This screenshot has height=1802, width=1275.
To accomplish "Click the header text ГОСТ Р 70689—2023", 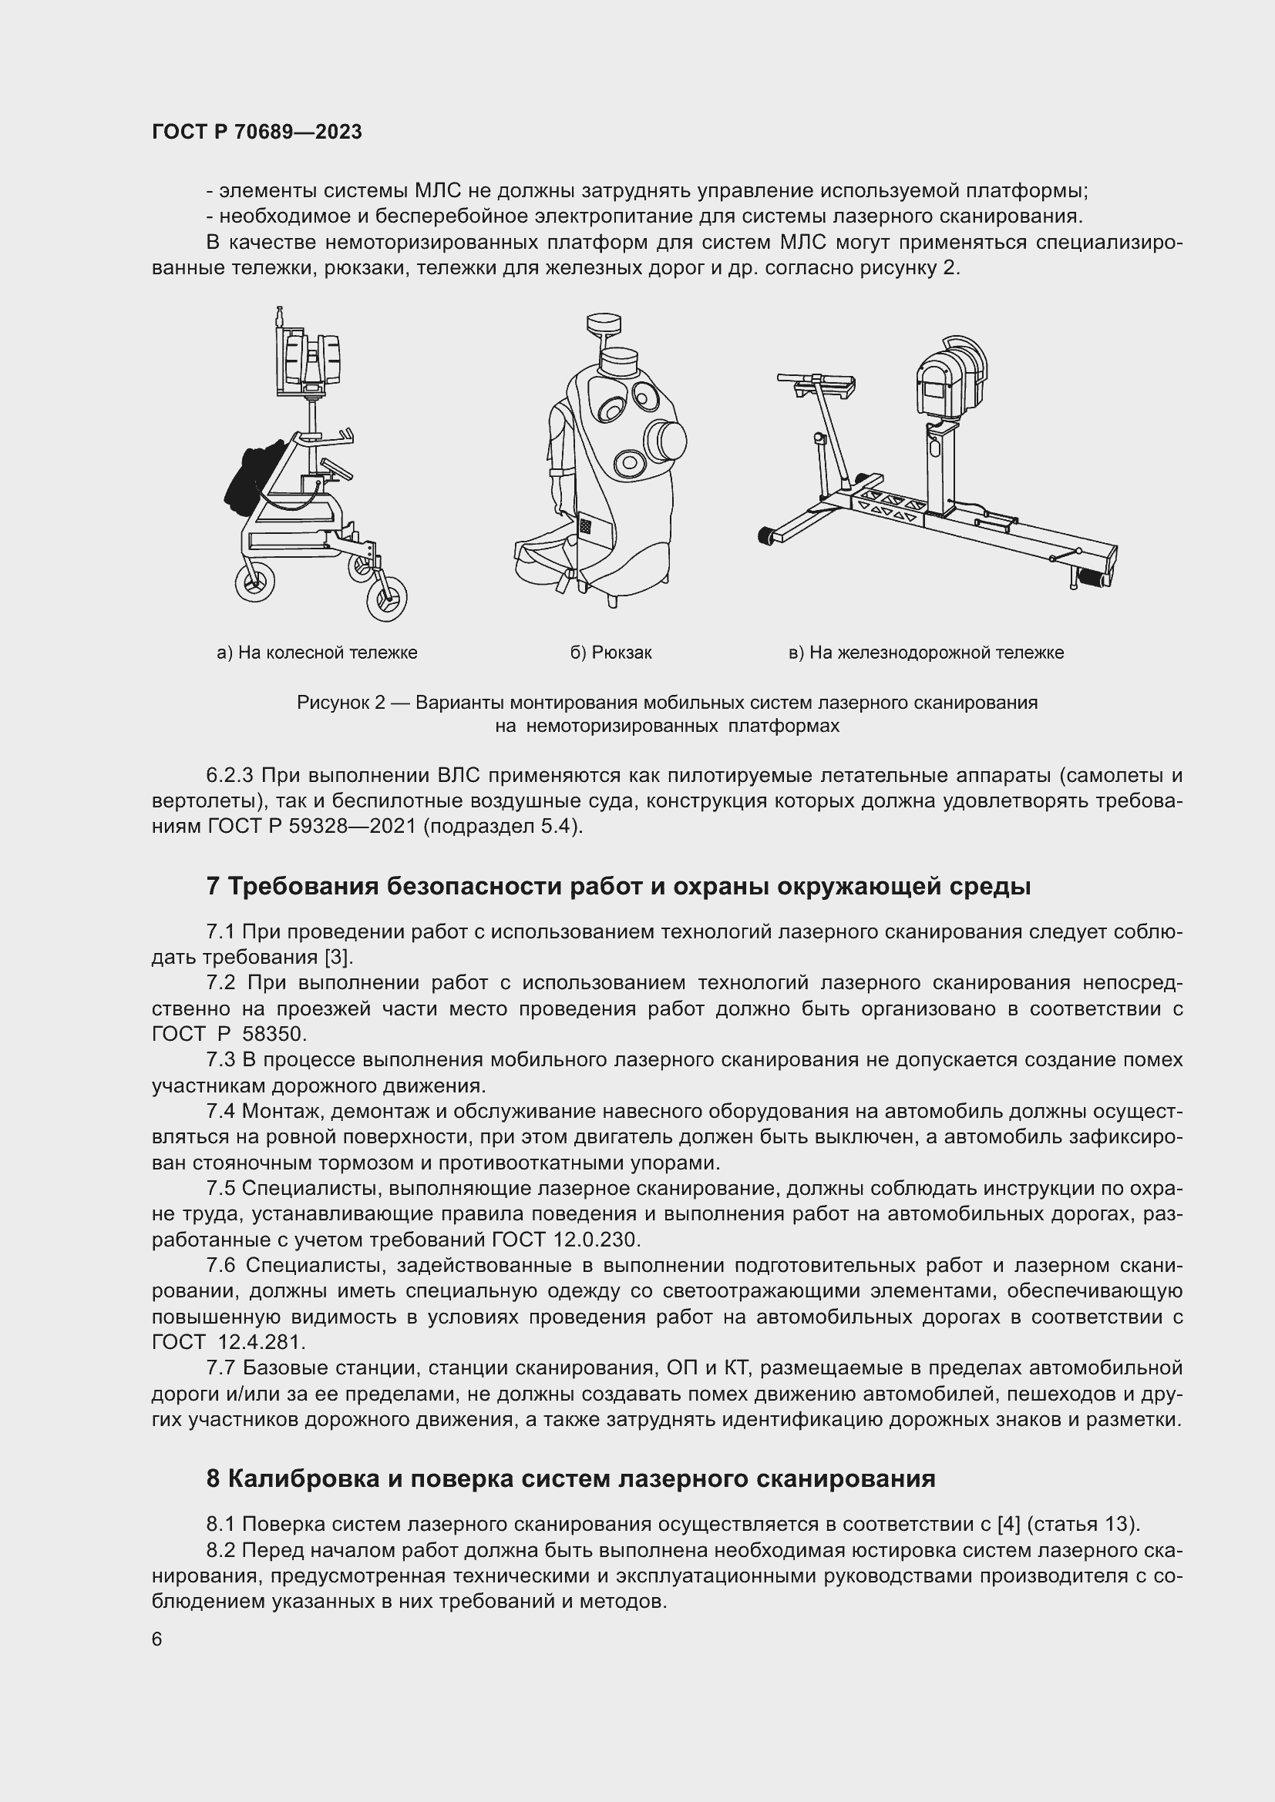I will click(257, 132).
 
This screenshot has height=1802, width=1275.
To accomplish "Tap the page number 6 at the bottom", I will click(157, 1639).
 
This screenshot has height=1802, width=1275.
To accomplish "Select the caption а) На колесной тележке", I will click(316, 653).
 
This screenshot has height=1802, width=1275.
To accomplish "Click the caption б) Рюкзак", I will click(611, 653).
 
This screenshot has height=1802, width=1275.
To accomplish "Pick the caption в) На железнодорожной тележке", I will click(926, 653).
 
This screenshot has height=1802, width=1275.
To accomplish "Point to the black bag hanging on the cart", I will click(250, 480).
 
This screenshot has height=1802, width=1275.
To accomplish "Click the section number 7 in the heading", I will click(213, 886).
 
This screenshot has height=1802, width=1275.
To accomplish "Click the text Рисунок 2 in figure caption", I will click(340, 703).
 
